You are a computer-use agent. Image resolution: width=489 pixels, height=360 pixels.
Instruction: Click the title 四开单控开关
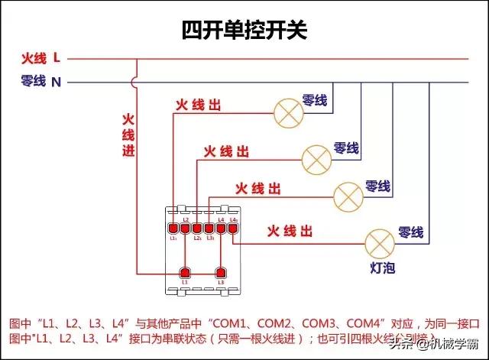pos(244,30)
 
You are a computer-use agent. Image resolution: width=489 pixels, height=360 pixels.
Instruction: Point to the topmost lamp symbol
pos(288,113)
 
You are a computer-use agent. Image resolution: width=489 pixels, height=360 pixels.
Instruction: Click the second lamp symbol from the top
pos(316,158)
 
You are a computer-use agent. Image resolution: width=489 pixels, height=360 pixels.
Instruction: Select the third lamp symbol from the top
pos(348,196)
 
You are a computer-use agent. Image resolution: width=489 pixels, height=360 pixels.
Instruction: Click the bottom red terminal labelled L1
pos(184,272)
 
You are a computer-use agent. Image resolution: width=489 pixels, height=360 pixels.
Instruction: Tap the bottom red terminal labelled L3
pos(221,272)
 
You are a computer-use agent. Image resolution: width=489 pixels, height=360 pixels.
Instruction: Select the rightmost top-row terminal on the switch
pos(233,227)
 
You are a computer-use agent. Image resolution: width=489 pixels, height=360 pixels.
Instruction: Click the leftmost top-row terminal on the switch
pos(173,227)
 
